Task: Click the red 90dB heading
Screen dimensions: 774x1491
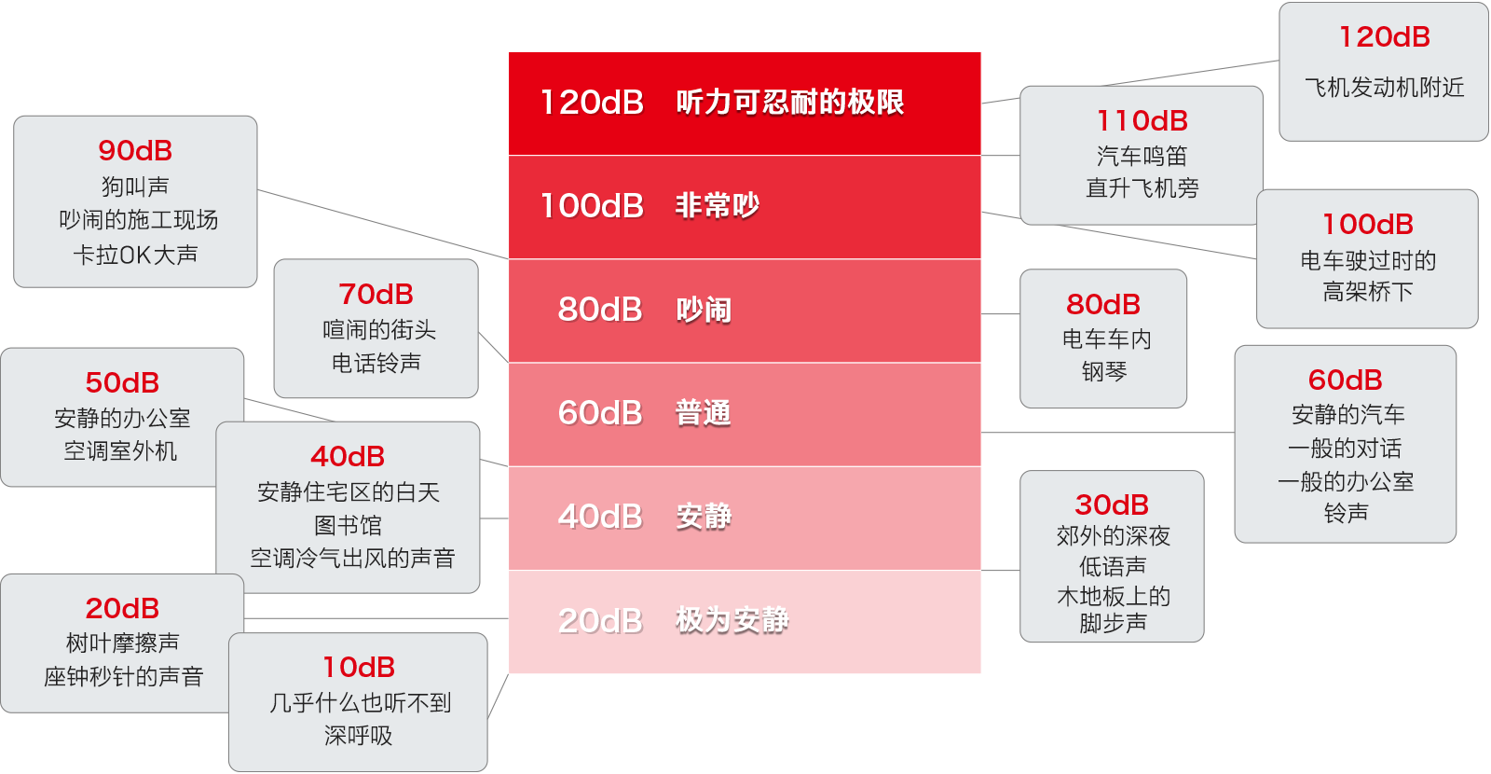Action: [135, 150]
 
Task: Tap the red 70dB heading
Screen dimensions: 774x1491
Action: [376, 294]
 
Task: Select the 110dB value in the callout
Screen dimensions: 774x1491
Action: [1142, 120]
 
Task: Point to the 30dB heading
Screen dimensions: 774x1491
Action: [1112, 504]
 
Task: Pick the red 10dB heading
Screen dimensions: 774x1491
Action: [359, 667]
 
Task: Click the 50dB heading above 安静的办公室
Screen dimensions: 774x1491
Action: [122, 382]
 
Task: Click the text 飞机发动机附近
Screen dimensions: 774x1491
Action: [1384, 88]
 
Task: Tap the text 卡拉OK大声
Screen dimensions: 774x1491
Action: [135, 255]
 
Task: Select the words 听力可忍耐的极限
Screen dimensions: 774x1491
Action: [790, 102]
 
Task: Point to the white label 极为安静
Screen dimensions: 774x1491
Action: [732, 620]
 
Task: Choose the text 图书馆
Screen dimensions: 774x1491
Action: [348, 525]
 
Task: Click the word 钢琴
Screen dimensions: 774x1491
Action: [1104, 372]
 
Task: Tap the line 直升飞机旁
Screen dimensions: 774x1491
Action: [1142, 188]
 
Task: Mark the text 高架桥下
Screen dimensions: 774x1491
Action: [1367, 292]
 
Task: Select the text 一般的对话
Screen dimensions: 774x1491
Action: [1345, 449]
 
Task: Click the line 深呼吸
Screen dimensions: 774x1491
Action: [358, 736]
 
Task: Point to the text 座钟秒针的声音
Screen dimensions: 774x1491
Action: [123, 676]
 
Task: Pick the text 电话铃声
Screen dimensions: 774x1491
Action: [376, 363]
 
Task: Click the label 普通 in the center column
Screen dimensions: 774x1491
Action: [704, 413]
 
